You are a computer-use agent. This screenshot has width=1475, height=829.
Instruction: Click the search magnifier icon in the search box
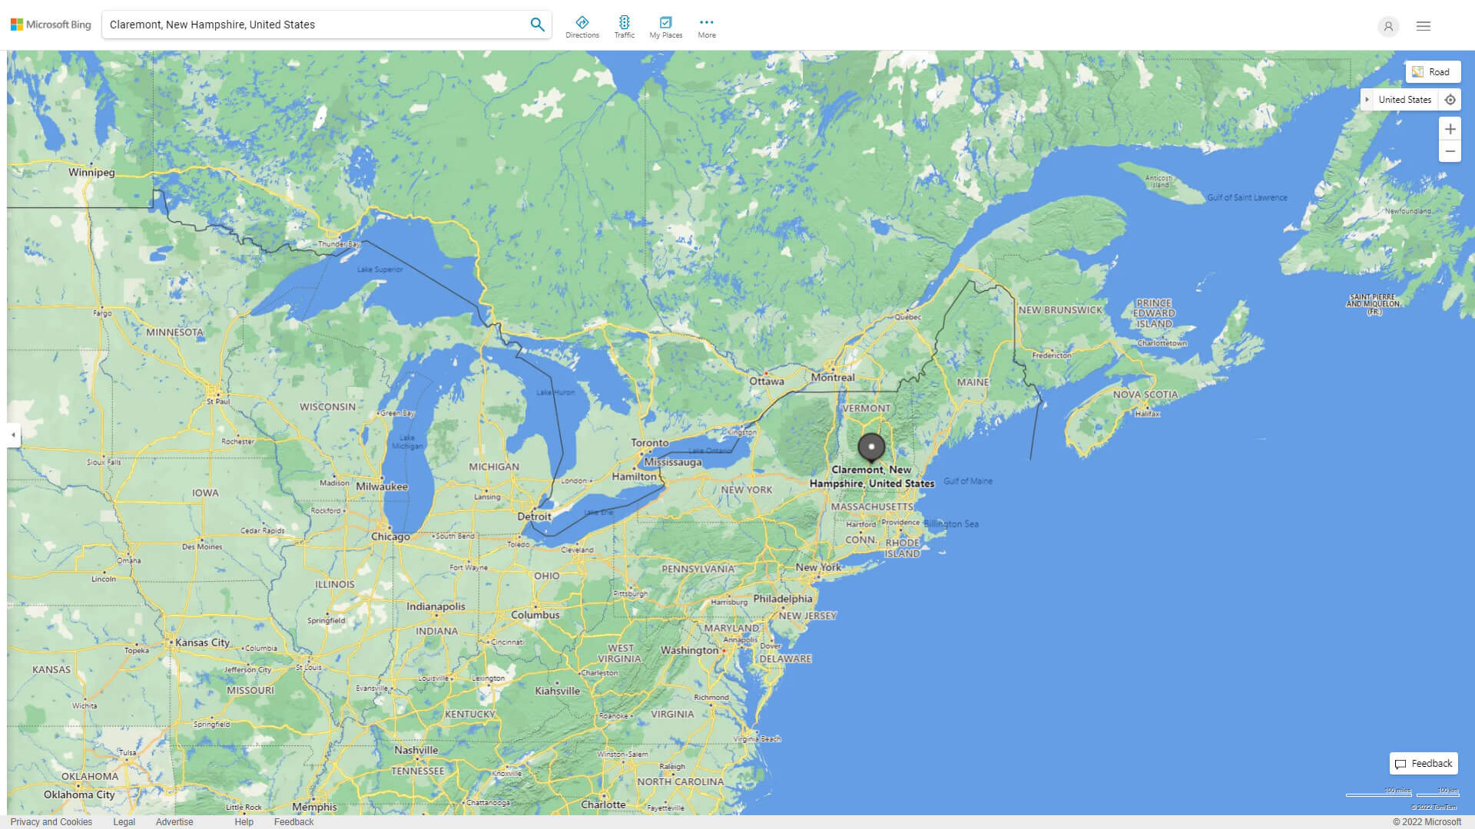[537, 25]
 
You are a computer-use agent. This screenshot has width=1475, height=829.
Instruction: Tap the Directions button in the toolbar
[582, 27]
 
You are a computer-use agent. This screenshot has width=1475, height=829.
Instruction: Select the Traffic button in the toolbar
[625, 27]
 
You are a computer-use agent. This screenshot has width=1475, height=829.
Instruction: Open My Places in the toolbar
[665, 27]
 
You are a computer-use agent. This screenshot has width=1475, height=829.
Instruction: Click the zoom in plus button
[1450, 129]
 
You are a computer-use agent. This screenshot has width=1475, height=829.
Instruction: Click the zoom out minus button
[1450, 151]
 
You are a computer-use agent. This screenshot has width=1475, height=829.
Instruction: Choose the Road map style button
[1432, 72]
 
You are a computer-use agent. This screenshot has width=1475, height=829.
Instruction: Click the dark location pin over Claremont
[871, 447]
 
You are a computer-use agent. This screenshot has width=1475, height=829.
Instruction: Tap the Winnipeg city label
[91, 173]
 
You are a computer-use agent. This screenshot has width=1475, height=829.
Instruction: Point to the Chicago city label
[390, 537]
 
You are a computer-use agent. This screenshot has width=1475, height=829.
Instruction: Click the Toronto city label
[649, 443]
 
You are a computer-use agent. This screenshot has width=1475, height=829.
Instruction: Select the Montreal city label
[833, 378]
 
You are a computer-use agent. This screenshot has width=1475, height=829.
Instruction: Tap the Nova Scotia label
[1145, 395]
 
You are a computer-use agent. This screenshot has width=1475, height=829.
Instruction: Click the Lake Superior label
[380, 269]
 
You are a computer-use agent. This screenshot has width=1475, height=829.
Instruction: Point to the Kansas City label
[202, 642]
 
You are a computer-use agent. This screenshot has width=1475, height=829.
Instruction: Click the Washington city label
[689, 650]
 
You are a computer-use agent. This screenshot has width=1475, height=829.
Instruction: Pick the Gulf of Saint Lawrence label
[1247, 198]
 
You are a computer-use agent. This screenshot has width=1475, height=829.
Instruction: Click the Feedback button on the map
[1424, 764]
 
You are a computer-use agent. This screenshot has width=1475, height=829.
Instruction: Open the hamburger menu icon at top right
[1423, 26]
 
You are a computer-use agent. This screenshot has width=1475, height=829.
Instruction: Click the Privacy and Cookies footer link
[51, 822]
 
